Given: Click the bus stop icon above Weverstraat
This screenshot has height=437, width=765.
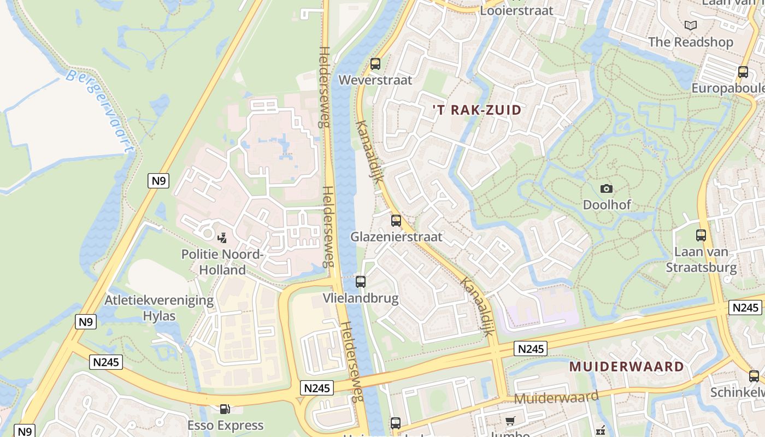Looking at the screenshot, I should coord(375,63).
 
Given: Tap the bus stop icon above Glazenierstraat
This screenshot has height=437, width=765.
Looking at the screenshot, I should coord(396,221).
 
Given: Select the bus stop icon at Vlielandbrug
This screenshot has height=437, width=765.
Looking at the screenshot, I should coord(361,282).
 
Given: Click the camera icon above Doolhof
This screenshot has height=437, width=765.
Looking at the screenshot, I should coord(607,189).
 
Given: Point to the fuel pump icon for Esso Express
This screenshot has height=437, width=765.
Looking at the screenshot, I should coord(224,409).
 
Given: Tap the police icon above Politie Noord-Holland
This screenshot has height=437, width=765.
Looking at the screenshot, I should coord(222,238).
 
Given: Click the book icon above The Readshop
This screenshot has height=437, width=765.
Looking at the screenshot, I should coord(691,25).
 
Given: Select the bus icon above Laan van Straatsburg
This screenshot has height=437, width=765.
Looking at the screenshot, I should coord(701,235).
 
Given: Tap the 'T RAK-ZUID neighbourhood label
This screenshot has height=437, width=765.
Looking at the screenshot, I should coord(477,110).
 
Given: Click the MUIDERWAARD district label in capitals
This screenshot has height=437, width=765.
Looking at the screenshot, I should coord(627,366).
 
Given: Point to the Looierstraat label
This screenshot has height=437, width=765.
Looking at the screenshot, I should coord(516,10).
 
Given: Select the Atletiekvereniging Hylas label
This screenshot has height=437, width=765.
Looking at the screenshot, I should coord(159,308).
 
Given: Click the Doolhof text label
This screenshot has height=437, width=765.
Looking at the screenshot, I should coord(607,205).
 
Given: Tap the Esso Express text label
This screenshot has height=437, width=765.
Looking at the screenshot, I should coord(225,425).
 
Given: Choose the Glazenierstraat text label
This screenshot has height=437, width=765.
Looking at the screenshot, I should coord(396,237).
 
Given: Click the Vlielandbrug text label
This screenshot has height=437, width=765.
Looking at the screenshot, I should coord(361,298).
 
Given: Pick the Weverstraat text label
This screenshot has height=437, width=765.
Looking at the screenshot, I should coord(375,80).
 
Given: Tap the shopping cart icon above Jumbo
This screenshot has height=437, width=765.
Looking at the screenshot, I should coord(510,421).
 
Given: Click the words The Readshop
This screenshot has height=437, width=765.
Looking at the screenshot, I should coord(691,42).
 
